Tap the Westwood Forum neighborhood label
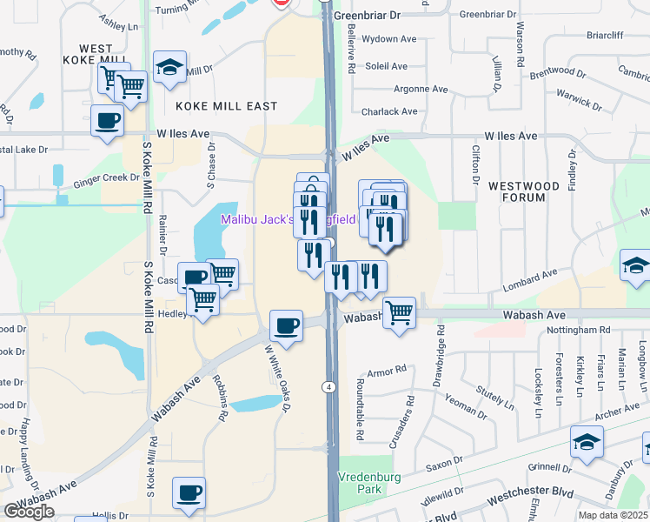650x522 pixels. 523,191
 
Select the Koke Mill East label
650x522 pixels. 226,106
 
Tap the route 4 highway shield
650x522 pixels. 329,385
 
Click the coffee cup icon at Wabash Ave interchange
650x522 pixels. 287,327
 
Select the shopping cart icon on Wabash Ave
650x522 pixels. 399,311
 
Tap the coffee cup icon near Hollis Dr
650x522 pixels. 189,493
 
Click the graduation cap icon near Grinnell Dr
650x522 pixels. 587,443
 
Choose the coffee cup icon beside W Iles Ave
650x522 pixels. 108,120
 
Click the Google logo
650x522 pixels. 29,512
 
